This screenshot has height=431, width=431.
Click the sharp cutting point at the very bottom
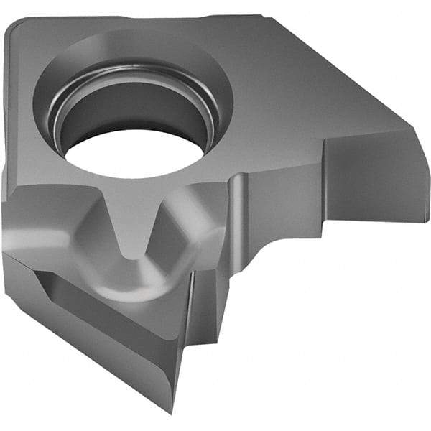pyautogui.click(x=172, y=411)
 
